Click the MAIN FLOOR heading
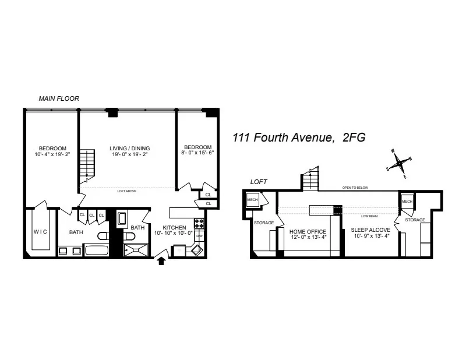59,98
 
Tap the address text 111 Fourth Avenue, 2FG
299,138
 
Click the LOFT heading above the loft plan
259,182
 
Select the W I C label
40,232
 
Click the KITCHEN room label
174,228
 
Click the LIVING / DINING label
128,148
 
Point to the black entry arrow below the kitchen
162,262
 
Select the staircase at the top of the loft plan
310,179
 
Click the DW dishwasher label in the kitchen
199,236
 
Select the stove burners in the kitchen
198,223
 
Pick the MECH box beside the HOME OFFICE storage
252,200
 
